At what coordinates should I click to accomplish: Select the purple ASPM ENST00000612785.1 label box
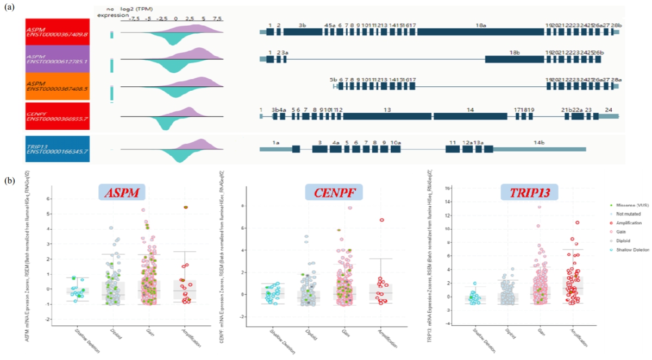[58, 58]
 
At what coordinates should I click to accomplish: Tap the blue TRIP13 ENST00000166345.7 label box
[58, 149]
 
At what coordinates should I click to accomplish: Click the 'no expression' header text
[112, 12]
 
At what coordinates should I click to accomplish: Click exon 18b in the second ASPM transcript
[514, 59]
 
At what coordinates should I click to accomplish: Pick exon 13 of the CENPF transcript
[387, 116]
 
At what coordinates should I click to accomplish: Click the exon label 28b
[616, 25]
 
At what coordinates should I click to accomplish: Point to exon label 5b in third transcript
[333, 79]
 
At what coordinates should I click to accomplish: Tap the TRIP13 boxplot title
[529, 192]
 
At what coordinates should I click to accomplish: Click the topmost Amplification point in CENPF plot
[382, 220]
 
